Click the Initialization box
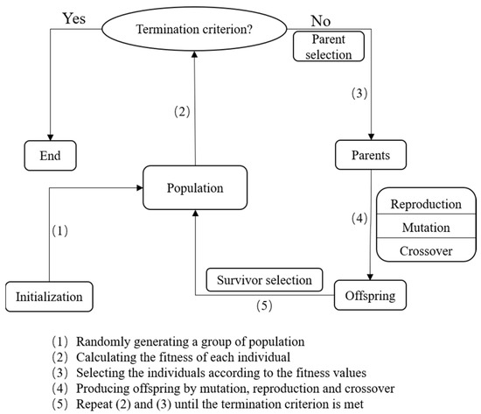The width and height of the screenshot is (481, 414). (x=50, y=296)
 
